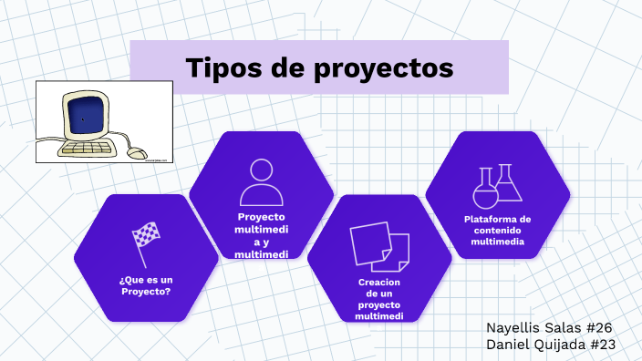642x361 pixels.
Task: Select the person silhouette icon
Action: pos(261,181)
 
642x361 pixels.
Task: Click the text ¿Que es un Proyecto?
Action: pos(146,286)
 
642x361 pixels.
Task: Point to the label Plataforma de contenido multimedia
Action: pos(497,231)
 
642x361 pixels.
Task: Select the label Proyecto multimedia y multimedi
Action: pos(261,235)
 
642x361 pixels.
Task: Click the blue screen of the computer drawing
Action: pos(83,118)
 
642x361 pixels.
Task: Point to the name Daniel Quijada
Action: pos(535,345)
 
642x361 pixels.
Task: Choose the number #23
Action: pos(604,345)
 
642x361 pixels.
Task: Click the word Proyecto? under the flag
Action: pos(146,293)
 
